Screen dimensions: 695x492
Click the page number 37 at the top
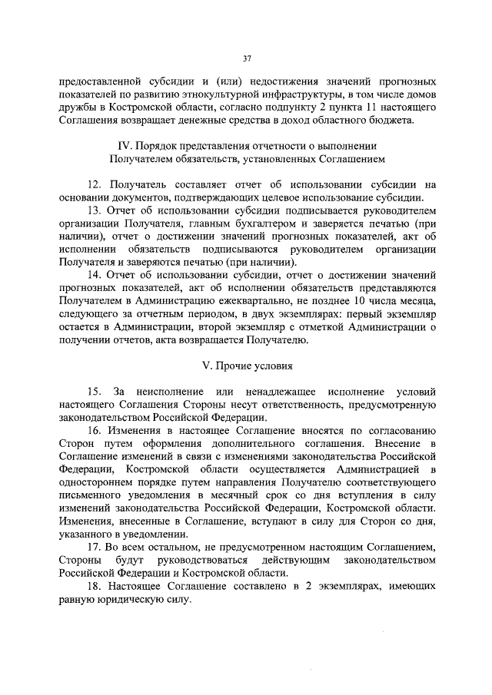[x=246, y=58]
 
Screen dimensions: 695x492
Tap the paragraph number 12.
[x=97, y=184]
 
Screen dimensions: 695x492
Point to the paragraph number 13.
[x=97, y=210]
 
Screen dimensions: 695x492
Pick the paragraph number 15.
[x=97, y=391]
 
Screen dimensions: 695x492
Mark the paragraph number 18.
[x=97, y=587]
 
